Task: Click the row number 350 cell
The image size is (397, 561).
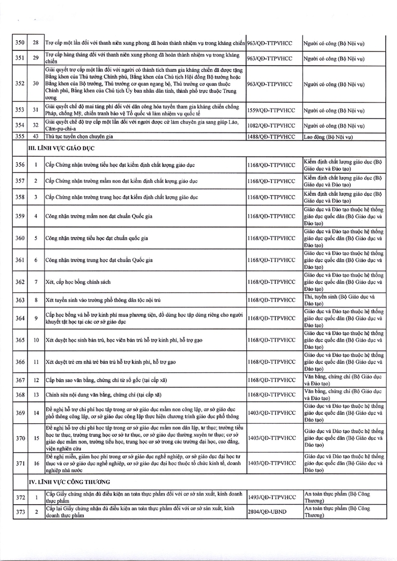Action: click(x=20, y=42)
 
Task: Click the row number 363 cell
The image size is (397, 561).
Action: click(x=20, y=300)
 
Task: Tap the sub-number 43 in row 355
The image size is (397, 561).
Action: click(x=35, y=137)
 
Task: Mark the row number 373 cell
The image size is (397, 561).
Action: click(x=20, y=513)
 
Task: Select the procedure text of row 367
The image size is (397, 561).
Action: click(x=102, y=380)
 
